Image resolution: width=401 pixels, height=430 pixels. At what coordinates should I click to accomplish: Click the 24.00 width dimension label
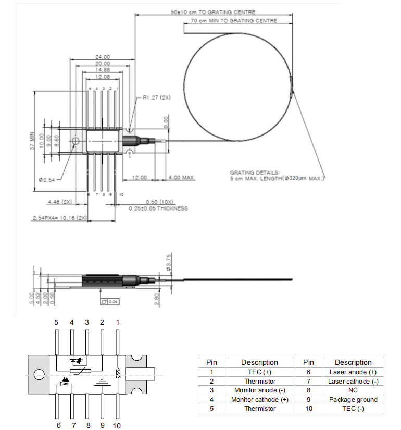point(103,57)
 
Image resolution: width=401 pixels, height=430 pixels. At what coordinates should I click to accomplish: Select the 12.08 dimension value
point(103,76)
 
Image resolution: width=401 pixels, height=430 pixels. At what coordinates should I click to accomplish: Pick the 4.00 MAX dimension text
point(181,178)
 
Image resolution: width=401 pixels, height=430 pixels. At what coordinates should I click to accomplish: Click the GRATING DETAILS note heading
point(255,172)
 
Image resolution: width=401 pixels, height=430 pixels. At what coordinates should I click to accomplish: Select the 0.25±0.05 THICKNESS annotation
point(158,208)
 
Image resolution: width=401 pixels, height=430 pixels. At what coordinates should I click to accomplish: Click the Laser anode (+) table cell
point(353,372)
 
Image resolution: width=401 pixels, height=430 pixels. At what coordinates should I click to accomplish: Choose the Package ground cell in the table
point(353,400)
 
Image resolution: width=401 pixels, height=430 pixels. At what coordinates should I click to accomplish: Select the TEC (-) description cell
point(353,409)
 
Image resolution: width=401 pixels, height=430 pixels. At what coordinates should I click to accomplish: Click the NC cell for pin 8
point(353,390)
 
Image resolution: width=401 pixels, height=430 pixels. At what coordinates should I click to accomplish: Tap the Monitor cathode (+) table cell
point(259,400)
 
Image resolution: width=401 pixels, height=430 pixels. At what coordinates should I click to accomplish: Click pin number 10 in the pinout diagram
point(117,425)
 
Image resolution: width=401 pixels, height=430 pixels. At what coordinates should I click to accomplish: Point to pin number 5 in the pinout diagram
point(56,322)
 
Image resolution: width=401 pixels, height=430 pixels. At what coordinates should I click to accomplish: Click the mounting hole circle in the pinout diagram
point(39,374)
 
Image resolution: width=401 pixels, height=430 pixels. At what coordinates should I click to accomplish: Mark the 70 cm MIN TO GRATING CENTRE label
point(234,21)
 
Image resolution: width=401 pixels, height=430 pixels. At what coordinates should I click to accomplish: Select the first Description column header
point(259,362)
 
